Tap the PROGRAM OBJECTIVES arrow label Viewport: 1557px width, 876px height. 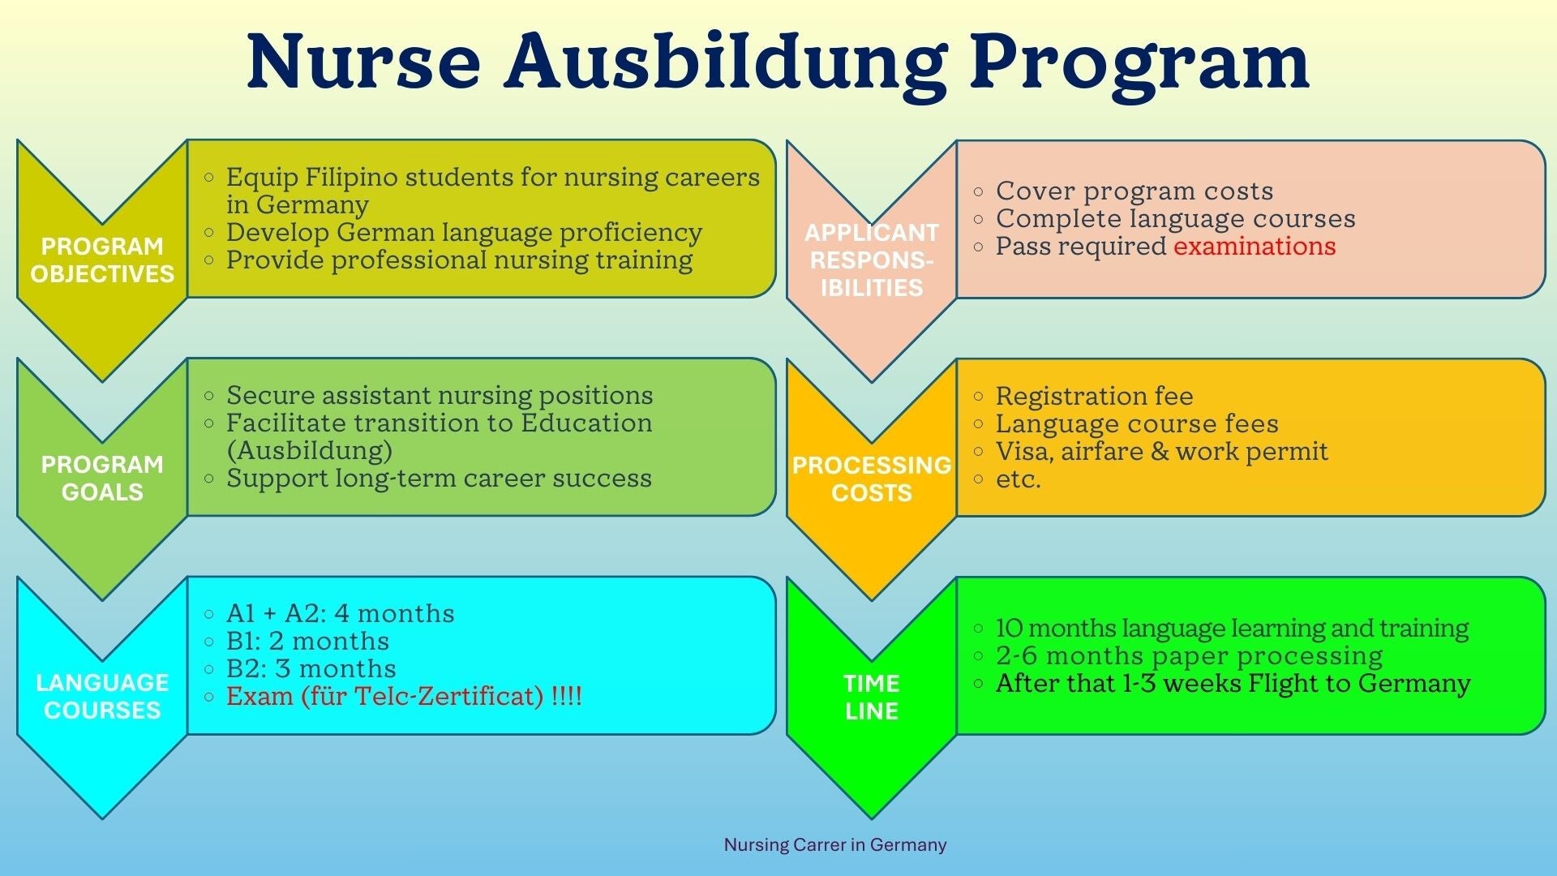pyautogui.click(x=102, y=260)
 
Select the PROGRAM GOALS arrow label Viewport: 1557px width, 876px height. pyautogui.click(x=102, y=478)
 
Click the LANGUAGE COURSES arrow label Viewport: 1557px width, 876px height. pyautogui.click(x=102, y=696)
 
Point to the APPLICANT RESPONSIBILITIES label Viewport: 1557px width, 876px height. pyautogui.click(x=872, y=260)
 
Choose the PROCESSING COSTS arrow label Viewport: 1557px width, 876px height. pyautogui.click(x=872, y=479)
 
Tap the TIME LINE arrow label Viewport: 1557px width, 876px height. pyautogui.click(x=872, y=697)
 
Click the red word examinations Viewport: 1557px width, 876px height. pyautogui.click(x=1255, y=246)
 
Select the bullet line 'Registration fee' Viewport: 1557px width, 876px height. pyautogui.click(x=1094, y=396)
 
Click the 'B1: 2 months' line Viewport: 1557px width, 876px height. pyautogui.click(x=307, y=641)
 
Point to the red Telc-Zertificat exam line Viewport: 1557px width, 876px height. pyautogui.click(x=404, y=696)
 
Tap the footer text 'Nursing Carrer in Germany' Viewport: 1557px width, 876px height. pyautogui.click(x=835, y=844)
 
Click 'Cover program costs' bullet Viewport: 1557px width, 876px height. pyautogui.click(x=1135, y=191)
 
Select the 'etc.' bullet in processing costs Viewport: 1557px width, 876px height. pyautogui.click(x=1018, y=479)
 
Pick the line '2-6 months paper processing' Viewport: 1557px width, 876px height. pyautogui.click(x=1189, y=655)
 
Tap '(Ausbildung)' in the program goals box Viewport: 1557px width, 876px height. pyautogui.click(x=309, y=450)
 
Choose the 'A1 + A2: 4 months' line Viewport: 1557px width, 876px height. pyautogui.click(x=340, y=613)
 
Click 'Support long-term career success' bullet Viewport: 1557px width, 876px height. pyautogui.click(x=439, y=478)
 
